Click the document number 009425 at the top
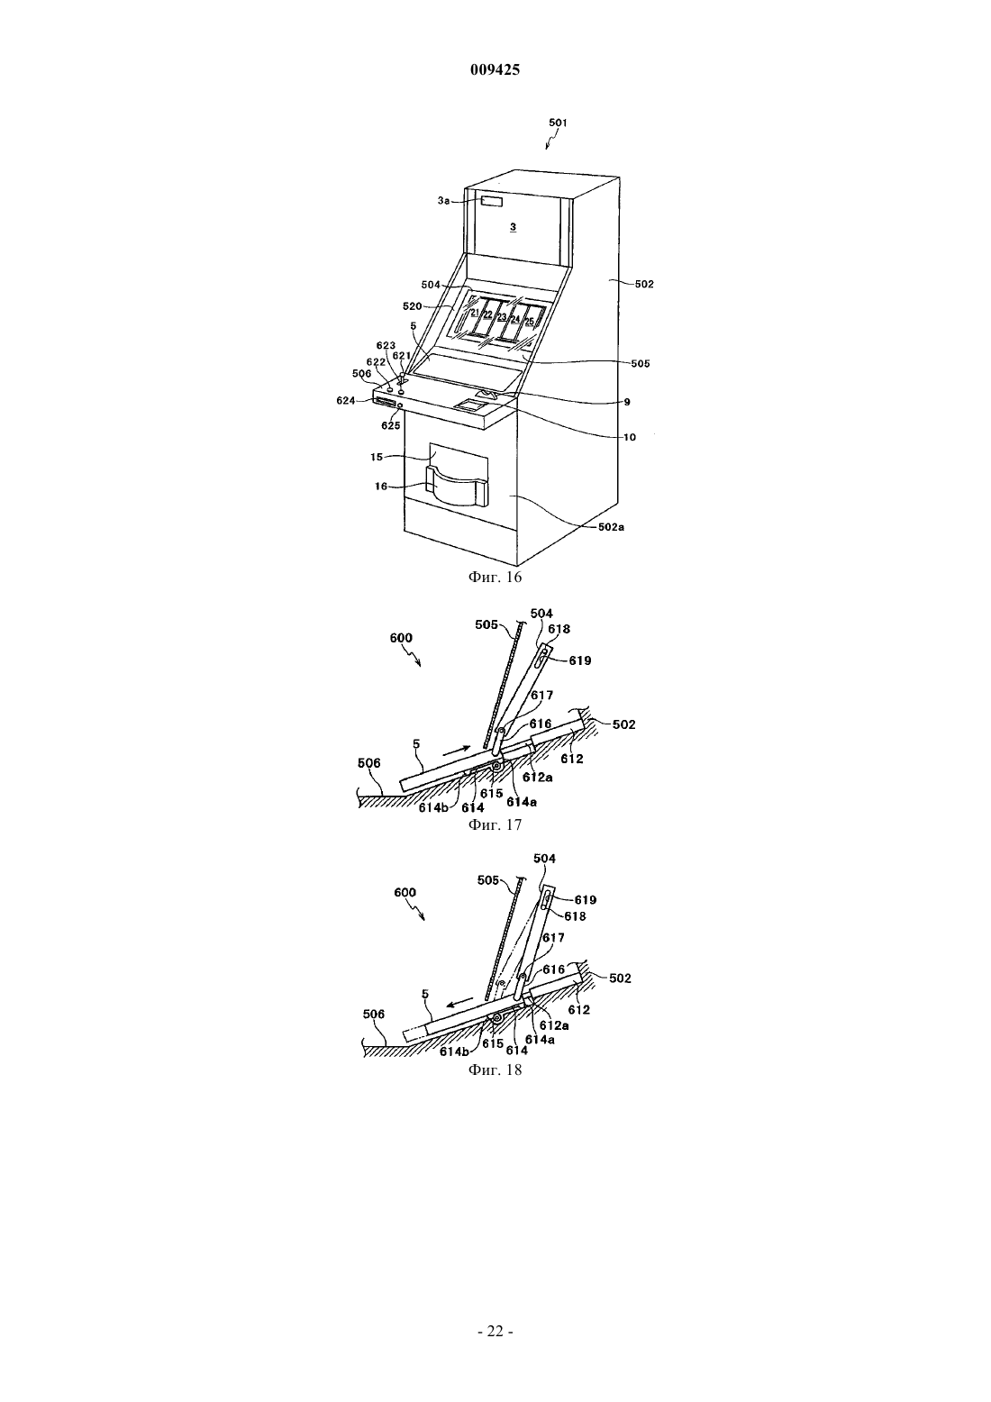(x=495, y=70)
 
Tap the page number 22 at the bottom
(x=495, y=1332)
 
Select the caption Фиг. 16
(x=495, y=577)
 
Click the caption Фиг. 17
(x=495, y=825)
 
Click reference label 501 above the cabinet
(x=558, y=123)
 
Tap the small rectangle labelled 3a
(x=493, y=202)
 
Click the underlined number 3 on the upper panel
(x=513, y=227)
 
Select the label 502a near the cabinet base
(x=611, y=527)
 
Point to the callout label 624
(x=346, y=401)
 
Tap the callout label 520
(x=413, y=306)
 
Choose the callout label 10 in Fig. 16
(x=630, y=437)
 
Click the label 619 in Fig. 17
(x=580, y=660)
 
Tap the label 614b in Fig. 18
(x=453, y=1051)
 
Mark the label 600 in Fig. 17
(x=401, y=638)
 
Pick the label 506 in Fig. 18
(x=374, y=1014)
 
